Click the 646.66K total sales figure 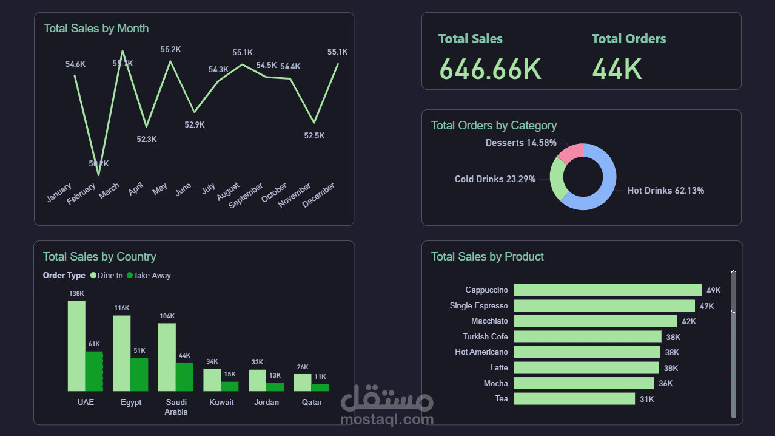click(490, 69)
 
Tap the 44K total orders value click(617, 69)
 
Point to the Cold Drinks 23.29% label click(495, 179)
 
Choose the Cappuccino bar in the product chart click(607, 290)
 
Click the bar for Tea click(574, 398)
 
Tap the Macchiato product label click(489, 321)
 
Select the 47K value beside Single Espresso click(706, 306)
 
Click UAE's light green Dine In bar click(76, 346)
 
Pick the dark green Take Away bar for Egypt click(139, 374)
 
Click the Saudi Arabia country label click(176, 407)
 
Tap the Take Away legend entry click(152, 275)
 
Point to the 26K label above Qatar click(303, 367)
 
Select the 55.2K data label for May click(170, 50)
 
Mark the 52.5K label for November click(314, 136)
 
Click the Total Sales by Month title click(96, 29)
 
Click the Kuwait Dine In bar click(212, 380)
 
